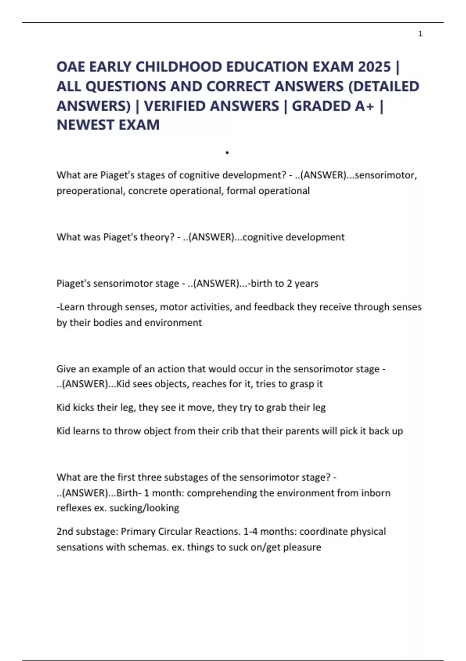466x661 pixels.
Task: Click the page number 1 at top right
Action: click(420, 34)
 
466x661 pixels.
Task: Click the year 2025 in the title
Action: click(374, 67)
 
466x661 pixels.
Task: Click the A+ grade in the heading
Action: click(365, 106)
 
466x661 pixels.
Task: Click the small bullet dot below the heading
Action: click(227, 152)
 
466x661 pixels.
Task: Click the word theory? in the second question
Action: click(157, 237)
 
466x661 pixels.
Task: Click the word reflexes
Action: click(74, 508)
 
